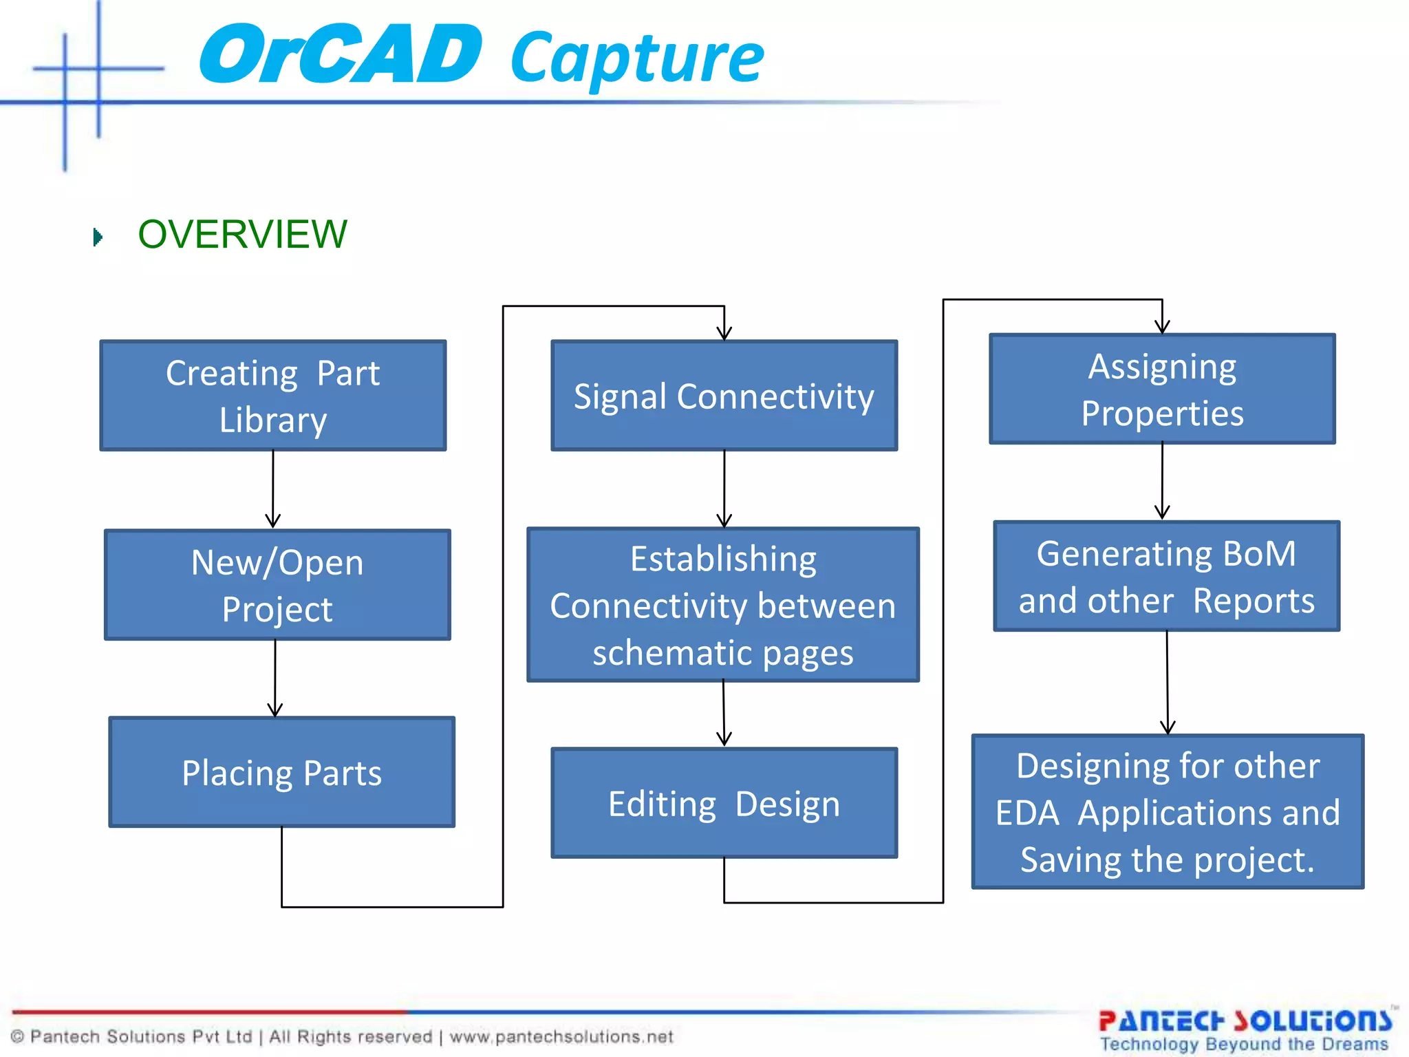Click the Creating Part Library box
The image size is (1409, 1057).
coord(273,396)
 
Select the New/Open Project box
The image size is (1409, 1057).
coord(277,585)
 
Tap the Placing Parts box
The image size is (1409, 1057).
coord(281,772)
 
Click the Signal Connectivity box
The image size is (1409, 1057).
coord(724,396)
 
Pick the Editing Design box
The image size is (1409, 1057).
coord(724,803)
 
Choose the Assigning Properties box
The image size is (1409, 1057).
coord(1162,389)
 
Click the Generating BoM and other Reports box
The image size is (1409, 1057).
coord(1166,577)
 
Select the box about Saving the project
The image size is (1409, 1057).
coord(1168,812)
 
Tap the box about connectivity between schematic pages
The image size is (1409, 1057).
coord(723,605)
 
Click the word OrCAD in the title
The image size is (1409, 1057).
coord(341,55)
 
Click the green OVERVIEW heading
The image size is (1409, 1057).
coord(242,235)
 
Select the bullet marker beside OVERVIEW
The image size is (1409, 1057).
coord(98,237)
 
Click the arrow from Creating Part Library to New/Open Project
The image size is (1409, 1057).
coord(273,489)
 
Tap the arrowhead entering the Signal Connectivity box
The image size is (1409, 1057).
coord(724,332)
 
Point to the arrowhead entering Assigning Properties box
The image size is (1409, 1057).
coord(1162,325)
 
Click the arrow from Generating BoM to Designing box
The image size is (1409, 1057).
coord(1167,681)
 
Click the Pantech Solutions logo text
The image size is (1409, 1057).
coord(1245,1021)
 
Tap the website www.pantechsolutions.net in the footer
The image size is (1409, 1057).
coord(561,1036)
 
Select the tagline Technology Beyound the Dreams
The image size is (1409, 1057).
coord(1244,1045)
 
